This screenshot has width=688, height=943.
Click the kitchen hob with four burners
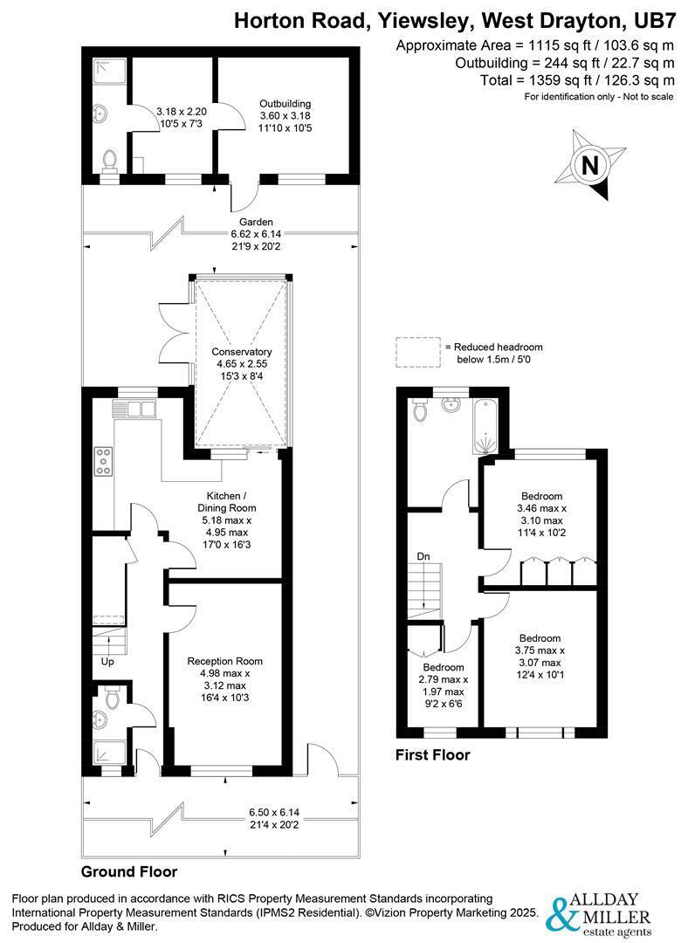(103, 460)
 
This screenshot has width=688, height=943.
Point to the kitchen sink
(134, 408)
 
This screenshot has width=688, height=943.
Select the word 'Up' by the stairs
(108, 661)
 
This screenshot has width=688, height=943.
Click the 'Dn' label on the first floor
(423, 555)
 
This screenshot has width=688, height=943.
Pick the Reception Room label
(224, 661)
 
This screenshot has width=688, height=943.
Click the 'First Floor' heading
(432, 754)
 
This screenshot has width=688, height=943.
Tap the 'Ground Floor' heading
(129, 871)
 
